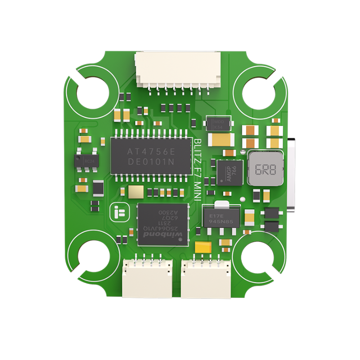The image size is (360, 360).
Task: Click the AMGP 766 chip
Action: coord(229,172)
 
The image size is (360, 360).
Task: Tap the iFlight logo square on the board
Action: coord(118,212)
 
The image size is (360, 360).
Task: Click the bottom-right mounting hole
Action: coord(257,259)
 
